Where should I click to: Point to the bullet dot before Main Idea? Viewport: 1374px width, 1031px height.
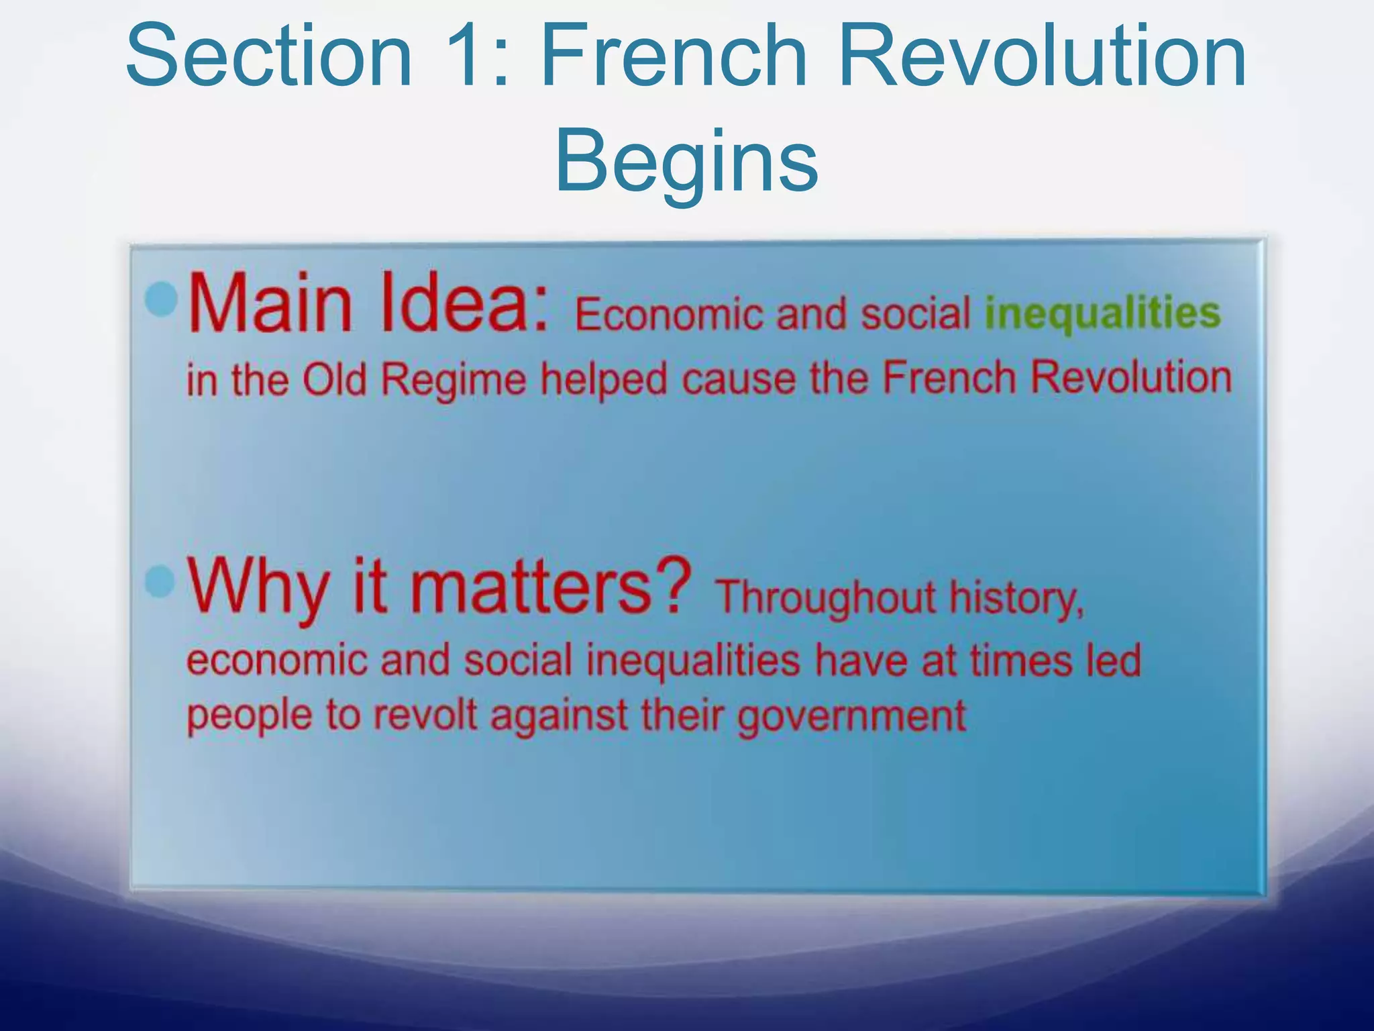(161, 299)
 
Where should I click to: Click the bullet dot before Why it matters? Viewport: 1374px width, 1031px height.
(160, 581)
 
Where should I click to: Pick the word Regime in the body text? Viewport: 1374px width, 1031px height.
(454, 379)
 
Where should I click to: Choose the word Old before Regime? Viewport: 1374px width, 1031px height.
(334, 379)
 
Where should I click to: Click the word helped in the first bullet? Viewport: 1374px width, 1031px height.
(604, 381)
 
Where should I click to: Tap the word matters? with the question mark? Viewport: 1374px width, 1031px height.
(550, 585)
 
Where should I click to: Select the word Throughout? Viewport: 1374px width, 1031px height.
(825, 597)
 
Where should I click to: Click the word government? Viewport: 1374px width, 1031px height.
(852, 717)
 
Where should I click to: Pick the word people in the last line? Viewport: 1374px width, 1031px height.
(249, 716)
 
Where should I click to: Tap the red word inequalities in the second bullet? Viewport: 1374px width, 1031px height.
(693, 660)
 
